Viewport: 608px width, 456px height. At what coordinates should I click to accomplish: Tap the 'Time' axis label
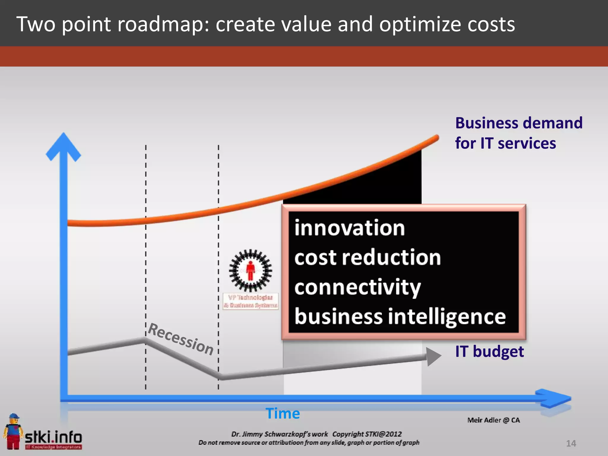(x=283, y=413)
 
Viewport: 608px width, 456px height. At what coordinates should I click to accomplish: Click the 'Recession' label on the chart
(x=180, y=339)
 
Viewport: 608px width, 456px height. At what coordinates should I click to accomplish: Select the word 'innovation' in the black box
(x=349, y=228)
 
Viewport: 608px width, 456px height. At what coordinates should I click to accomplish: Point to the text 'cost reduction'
(x=368, y=257)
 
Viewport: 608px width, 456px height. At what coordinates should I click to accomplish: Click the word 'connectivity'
(x=357, y=287)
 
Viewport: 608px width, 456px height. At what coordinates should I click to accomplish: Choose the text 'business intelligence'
(x=400, y=316)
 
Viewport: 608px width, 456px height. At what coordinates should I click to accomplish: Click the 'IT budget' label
(x=489, y=351)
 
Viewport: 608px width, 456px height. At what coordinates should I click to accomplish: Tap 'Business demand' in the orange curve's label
(x=519, y=123)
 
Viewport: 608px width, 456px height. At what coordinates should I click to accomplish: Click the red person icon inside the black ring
(x=251, y=270)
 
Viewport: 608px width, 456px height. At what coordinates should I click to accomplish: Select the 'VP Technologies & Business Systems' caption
(x=251, y=301)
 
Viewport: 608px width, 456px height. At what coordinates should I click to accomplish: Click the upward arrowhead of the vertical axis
(x=64, y=146)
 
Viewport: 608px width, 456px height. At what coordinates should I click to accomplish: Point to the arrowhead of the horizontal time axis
(x=555, y=398)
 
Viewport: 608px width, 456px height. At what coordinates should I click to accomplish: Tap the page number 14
(x=571, y=443)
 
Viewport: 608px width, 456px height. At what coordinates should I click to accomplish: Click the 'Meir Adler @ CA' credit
(x=493, y=420)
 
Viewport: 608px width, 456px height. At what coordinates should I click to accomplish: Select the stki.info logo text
(x=53, y=437)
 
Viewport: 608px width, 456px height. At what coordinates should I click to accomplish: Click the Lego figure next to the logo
(x=13, y=431)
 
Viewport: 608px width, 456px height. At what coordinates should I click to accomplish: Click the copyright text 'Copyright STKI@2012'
(x=367, y=434)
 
